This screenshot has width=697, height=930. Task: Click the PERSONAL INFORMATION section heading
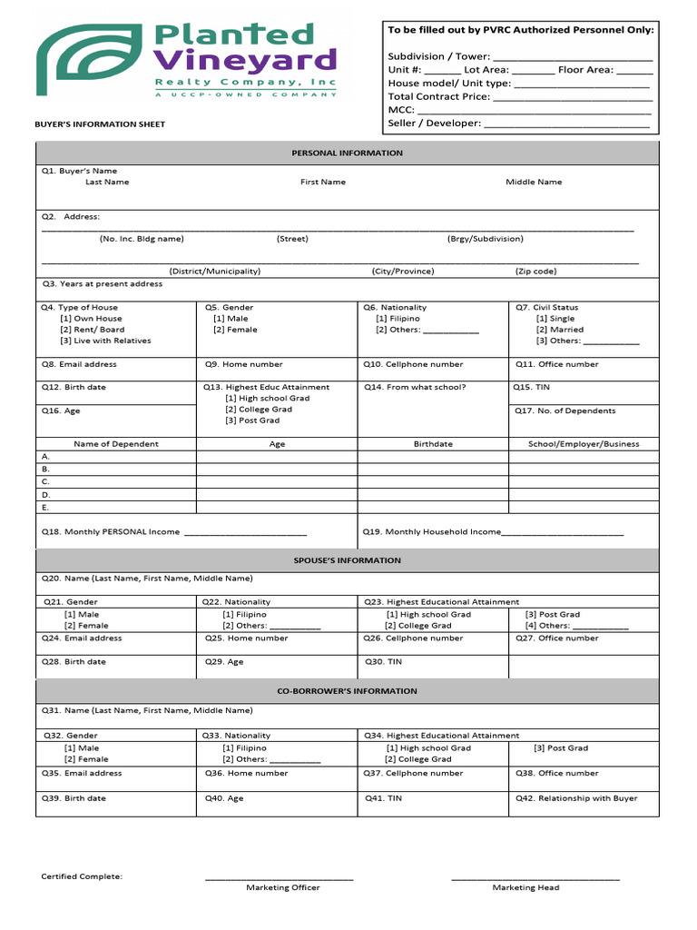(x=347, y=153)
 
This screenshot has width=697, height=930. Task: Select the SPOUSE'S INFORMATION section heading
(x=347, y=560)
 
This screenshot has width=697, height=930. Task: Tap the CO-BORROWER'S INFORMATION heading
(x=347, y=691)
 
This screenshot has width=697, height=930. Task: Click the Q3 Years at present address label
(x=102, y=284)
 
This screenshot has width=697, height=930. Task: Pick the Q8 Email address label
(x=79, y=364)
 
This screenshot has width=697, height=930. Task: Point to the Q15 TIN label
(x=531, y=387)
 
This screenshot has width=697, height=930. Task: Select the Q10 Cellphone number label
(x=413, y=364)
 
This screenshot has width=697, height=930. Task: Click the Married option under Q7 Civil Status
(x=560, y=330)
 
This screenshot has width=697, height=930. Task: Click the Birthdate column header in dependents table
(x=433, y=444)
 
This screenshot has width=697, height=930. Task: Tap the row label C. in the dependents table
(x=46, y=481)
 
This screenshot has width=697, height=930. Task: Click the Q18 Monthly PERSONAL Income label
(x=111, y=532)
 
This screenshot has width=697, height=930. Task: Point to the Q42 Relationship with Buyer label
(x=576, y=798)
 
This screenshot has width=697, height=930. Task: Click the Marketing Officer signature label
(x=282, y=887)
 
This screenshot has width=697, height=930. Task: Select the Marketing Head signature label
(x=525, y=887)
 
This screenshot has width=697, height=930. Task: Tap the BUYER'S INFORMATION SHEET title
(x=100, y=124)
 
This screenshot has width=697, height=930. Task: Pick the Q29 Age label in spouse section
(x=224, y=662)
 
